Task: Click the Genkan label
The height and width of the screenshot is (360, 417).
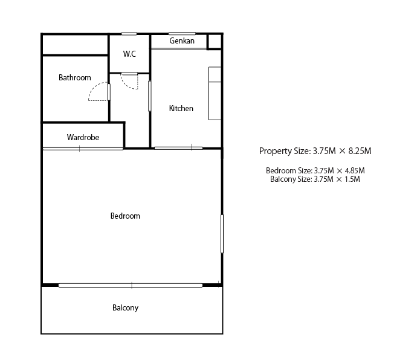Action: pos(182,40)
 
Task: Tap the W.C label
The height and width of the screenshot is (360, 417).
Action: pos(129,54)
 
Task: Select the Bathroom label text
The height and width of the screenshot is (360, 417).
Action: pos(75,77)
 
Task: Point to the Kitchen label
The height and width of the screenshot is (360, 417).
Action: pos(181,108)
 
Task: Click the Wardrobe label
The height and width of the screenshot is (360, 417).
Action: pos(83,137)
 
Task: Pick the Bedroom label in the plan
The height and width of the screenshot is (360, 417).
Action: pos(125,216)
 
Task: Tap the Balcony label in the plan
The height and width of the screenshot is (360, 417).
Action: pos(125,307)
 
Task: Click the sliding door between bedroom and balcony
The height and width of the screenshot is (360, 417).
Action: pos(131,285)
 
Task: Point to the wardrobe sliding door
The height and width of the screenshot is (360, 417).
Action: pos(83,149)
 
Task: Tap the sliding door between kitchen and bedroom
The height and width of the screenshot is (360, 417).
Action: pos(178,148)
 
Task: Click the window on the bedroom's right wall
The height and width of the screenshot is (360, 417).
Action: pos(222,234)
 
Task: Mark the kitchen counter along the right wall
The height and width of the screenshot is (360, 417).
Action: pos(215,94)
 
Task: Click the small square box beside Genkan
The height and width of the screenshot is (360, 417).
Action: pos(215,42)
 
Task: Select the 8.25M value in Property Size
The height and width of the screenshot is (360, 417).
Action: pos(360,151)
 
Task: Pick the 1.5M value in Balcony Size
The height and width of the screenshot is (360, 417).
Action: pos(352,179)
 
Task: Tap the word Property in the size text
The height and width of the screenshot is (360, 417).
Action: pos(276,151)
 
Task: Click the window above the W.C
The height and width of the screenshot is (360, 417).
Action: pos(129,34)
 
